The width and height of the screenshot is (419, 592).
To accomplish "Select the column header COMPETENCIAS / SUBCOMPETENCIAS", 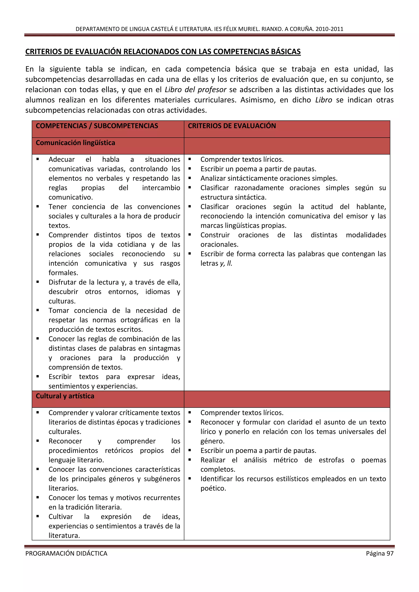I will click(x=97, y=126).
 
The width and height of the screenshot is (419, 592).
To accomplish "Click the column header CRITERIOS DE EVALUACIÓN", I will click(x=232, y=126).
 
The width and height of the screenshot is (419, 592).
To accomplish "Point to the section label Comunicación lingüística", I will click(x=75, y=143).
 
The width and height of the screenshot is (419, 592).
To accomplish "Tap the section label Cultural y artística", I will click(x=65, y=396).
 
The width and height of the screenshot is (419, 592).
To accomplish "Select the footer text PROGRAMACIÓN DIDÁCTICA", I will click(x=66, y=553).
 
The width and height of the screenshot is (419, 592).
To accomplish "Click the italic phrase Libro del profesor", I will click(x=195, y=90).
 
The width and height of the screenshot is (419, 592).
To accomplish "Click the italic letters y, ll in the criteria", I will click(x=226, y=263).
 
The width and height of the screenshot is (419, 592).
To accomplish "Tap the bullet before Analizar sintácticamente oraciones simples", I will click(x=190, y=178).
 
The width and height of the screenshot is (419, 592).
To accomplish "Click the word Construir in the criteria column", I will click(x=215, y=235).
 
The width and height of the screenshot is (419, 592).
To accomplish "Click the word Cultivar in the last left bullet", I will click(x=61, y=517).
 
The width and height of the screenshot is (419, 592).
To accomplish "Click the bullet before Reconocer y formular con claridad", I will click(x=190, y=422).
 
